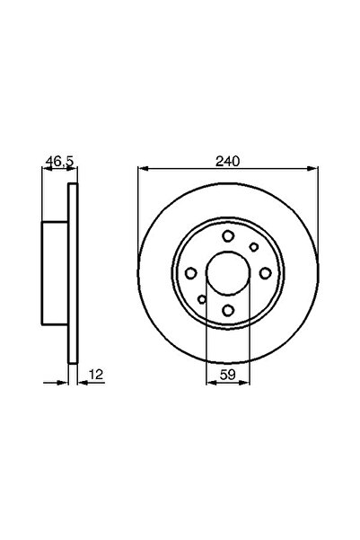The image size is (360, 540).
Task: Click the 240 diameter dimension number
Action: point(228,162)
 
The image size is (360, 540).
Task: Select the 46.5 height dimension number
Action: point(58,162)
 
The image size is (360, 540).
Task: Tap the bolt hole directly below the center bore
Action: point(228,310)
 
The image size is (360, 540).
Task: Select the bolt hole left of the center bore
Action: point(191,273)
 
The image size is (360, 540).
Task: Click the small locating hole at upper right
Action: point(254,247)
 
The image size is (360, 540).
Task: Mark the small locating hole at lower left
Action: point(202,299)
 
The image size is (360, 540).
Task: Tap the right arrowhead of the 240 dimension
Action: point(313,171)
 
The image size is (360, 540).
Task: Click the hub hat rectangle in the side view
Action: point(56,273)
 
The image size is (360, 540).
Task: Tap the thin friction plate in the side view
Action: point(75,273)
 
